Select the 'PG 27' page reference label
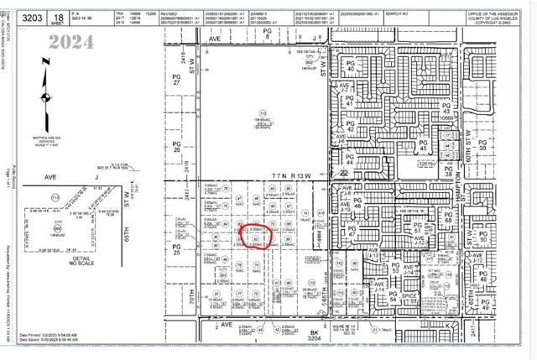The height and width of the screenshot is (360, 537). [177, 80]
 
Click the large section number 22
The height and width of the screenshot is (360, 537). [344, 173]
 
